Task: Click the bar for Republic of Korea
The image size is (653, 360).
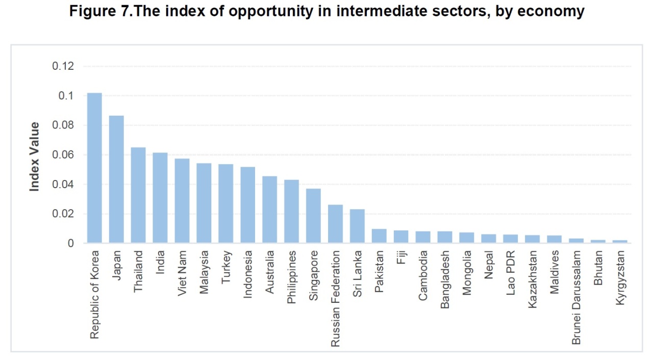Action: tap(94, 168)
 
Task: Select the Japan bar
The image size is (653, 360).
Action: tap(116, 179)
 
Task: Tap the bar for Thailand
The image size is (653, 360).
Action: tap(138, 195)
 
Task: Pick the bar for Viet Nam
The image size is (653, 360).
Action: tap(182, 201)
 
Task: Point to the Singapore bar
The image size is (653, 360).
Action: tap(313, 216)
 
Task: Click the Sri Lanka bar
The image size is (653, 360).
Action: tap(357, 226)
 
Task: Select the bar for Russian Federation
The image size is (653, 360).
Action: tap(335, 224)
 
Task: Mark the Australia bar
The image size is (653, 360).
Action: tap(270, 210)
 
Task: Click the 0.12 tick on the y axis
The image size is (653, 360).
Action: tap(63, 66)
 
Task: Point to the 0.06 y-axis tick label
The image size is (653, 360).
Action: tap(63, 155)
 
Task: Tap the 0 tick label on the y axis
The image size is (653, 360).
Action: tap(71, 243)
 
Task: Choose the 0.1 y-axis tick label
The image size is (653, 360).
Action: tap(66, 95)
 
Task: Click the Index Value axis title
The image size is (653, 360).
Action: tap(34, 157)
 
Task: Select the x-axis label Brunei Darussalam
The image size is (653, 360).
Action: tap(576, 298)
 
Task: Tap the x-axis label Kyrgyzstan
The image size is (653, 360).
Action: tap(620, 278)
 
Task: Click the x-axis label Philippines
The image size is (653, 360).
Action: tap(291, 277)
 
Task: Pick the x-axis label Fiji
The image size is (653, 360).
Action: tap(401, 258)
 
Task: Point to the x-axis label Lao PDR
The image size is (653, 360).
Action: tap(511, 273)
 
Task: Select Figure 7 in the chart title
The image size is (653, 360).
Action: tap(101, 11)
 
